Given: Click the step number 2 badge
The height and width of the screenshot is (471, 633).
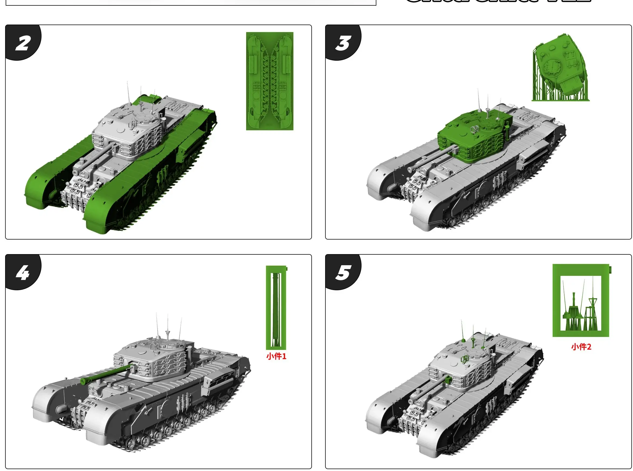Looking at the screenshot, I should click(x=23, y=44).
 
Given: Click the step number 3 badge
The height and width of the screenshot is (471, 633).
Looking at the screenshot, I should click(x=343, y=44).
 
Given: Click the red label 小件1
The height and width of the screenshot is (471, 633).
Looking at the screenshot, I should click(x=276, y=356).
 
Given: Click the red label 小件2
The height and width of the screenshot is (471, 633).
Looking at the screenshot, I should click(x=581, y=347).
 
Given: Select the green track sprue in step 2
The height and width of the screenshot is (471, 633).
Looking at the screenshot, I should click(x=270, y=81).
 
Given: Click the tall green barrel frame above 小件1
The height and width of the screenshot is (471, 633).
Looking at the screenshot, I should click(x=276, y=308).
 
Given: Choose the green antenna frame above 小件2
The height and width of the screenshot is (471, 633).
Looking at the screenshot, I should click(x=581, y=301).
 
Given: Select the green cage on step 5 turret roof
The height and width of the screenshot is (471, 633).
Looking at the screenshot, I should click(x=464, y=360).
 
